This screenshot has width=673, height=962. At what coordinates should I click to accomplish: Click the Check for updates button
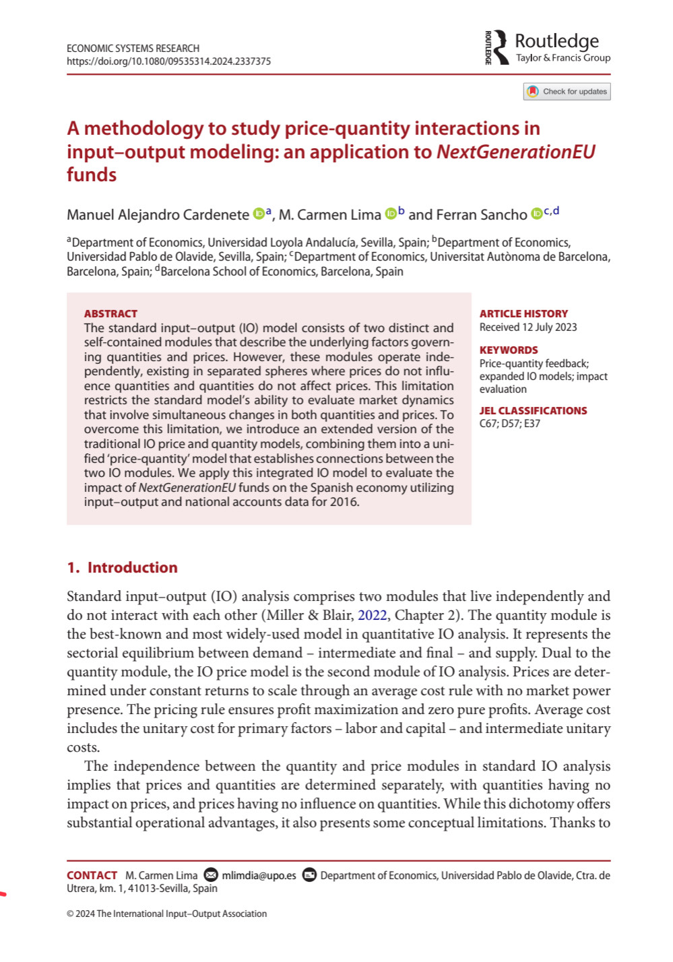point(567,92)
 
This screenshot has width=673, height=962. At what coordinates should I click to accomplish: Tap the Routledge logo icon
point(497,47)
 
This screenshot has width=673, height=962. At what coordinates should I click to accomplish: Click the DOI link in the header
point(168,61)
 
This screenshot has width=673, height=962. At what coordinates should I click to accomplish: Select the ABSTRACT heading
point(110,314)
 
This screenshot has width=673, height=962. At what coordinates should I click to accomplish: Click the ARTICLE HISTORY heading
point(523,314)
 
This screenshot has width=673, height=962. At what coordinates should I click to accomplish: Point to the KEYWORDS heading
point(509,350)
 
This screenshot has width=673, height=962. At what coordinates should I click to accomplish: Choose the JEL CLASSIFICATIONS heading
point(533,411)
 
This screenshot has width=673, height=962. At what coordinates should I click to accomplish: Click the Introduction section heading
point(123,568)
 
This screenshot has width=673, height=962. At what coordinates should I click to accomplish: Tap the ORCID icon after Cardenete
point(259,214)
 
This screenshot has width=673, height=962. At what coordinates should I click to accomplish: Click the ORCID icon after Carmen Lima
point(391,214)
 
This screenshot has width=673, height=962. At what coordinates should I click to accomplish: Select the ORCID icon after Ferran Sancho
point(536,214)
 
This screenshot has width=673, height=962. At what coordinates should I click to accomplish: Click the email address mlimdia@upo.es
point(259,876)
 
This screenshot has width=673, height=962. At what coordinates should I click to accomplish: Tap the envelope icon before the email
point(211,875)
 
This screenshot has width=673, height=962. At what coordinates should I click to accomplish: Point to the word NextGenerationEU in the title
point(516,152)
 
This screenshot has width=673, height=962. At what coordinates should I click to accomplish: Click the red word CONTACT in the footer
point(92,876)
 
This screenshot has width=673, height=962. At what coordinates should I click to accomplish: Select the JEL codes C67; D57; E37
point(509,424)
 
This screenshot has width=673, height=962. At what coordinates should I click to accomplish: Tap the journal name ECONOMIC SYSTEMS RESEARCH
point(133,49)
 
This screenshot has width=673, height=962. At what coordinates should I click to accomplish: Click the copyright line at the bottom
point(166,914)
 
